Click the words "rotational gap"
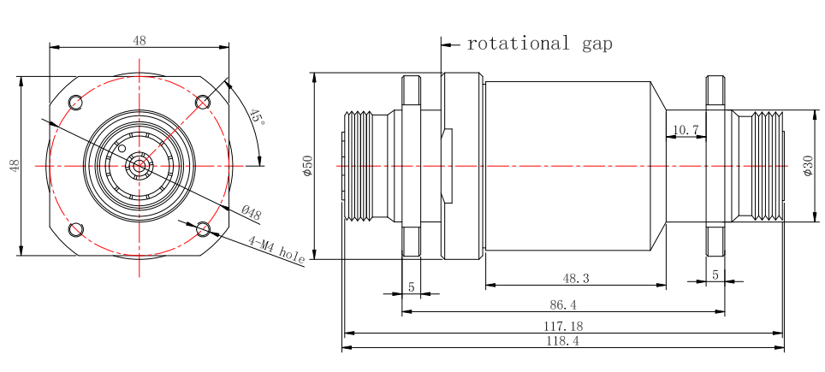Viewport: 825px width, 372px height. click(x=539, y=44)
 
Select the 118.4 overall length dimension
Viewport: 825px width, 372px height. click(x=563, y=340)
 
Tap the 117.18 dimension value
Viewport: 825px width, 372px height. click(x=563, y=326)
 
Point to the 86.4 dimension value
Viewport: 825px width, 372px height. click(x=563, y=304)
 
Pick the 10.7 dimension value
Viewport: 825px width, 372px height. click(x=686, y=130)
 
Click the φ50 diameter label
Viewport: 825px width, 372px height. click(x=308, y=165)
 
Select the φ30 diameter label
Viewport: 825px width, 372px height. click(x=808, y=165)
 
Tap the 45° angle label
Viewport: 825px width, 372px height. click(x=256, y=117)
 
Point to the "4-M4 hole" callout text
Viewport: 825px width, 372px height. click(x=276, y=249)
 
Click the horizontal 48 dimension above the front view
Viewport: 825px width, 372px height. click(x=139, y=40)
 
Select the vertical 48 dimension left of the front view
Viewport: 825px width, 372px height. click(x=15, y=165)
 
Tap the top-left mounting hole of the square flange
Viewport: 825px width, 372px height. click(x=76, y=103)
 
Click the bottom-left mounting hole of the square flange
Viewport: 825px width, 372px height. click(x=76, y=229)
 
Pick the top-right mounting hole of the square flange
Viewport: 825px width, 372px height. click(x=203, y=103)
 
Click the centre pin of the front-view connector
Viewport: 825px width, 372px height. click(x=139, y=165)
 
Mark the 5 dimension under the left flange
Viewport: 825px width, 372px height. click(x=411, y=287)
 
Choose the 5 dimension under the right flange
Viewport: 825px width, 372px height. click(x=715, y=275)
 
